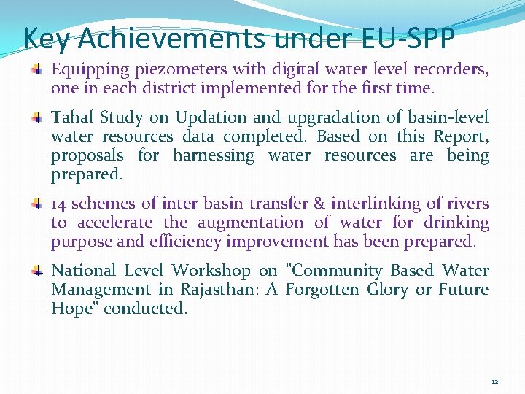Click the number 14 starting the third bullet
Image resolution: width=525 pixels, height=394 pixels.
(x=59, y=204)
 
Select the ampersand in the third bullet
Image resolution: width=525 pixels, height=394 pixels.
(x=319, y=204)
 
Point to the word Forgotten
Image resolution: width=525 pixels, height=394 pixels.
(x=322, y=290)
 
